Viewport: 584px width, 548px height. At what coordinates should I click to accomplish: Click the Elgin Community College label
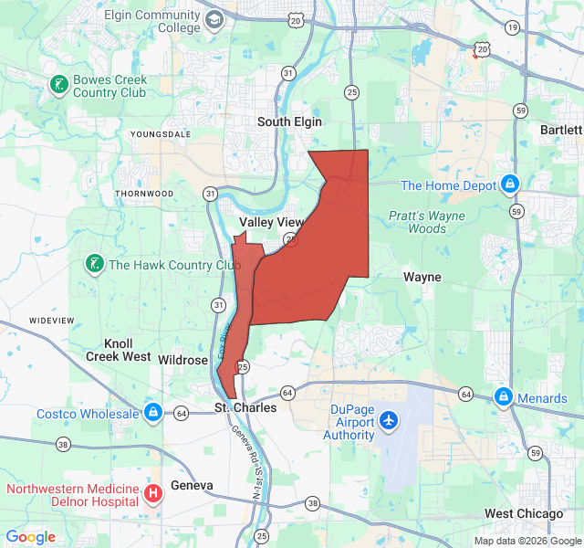(x=152, y=21)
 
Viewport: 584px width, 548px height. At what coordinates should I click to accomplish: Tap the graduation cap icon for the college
(x=214, y=20)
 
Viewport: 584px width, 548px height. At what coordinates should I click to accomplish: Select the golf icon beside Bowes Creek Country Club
(x=59, y=86)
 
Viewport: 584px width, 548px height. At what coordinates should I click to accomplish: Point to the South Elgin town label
(x=290, y=121)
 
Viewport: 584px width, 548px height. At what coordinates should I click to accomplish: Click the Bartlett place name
(x=560, y=131)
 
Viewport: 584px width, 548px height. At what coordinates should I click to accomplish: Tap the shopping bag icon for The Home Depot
(x=509, y=184)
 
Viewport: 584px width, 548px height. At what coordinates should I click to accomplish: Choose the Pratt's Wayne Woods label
(x=426, y=222)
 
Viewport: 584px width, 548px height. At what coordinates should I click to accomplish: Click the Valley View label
(x=271, y=222)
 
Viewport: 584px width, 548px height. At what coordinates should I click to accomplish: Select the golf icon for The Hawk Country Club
(x=93, y=265)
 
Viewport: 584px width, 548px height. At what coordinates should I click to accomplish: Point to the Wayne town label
(x=422, y=277)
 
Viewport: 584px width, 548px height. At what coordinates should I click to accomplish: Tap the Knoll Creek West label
(x=119, y=350)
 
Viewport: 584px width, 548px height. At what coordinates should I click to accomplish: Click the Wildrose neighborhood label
(x=182, y=360)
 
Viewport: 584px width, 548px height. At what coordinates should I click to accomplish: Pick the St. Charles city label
(x=245, y=407)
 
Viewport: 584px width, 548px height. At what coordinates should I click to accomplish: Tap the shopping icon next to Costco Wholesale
(x=153, y=413)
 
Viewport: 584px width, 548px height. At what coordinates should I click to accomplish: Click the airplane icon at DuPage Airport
(x=390, y=421)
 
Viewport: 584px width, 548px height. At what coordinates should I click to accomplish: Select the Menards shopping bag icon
(x=504, y=397)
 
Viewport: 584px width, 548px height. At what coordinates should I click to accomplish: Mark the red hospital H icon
(x=153, y=494)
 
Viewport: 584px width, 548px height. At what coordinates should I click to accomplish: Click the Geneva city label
(x=192, y=485)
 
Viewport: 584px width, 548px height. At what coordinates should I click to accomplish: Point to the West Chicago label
(x=524, y=514)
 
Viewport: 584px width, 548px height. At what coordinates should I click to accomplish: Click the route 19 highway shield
(x=513, y=28)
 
